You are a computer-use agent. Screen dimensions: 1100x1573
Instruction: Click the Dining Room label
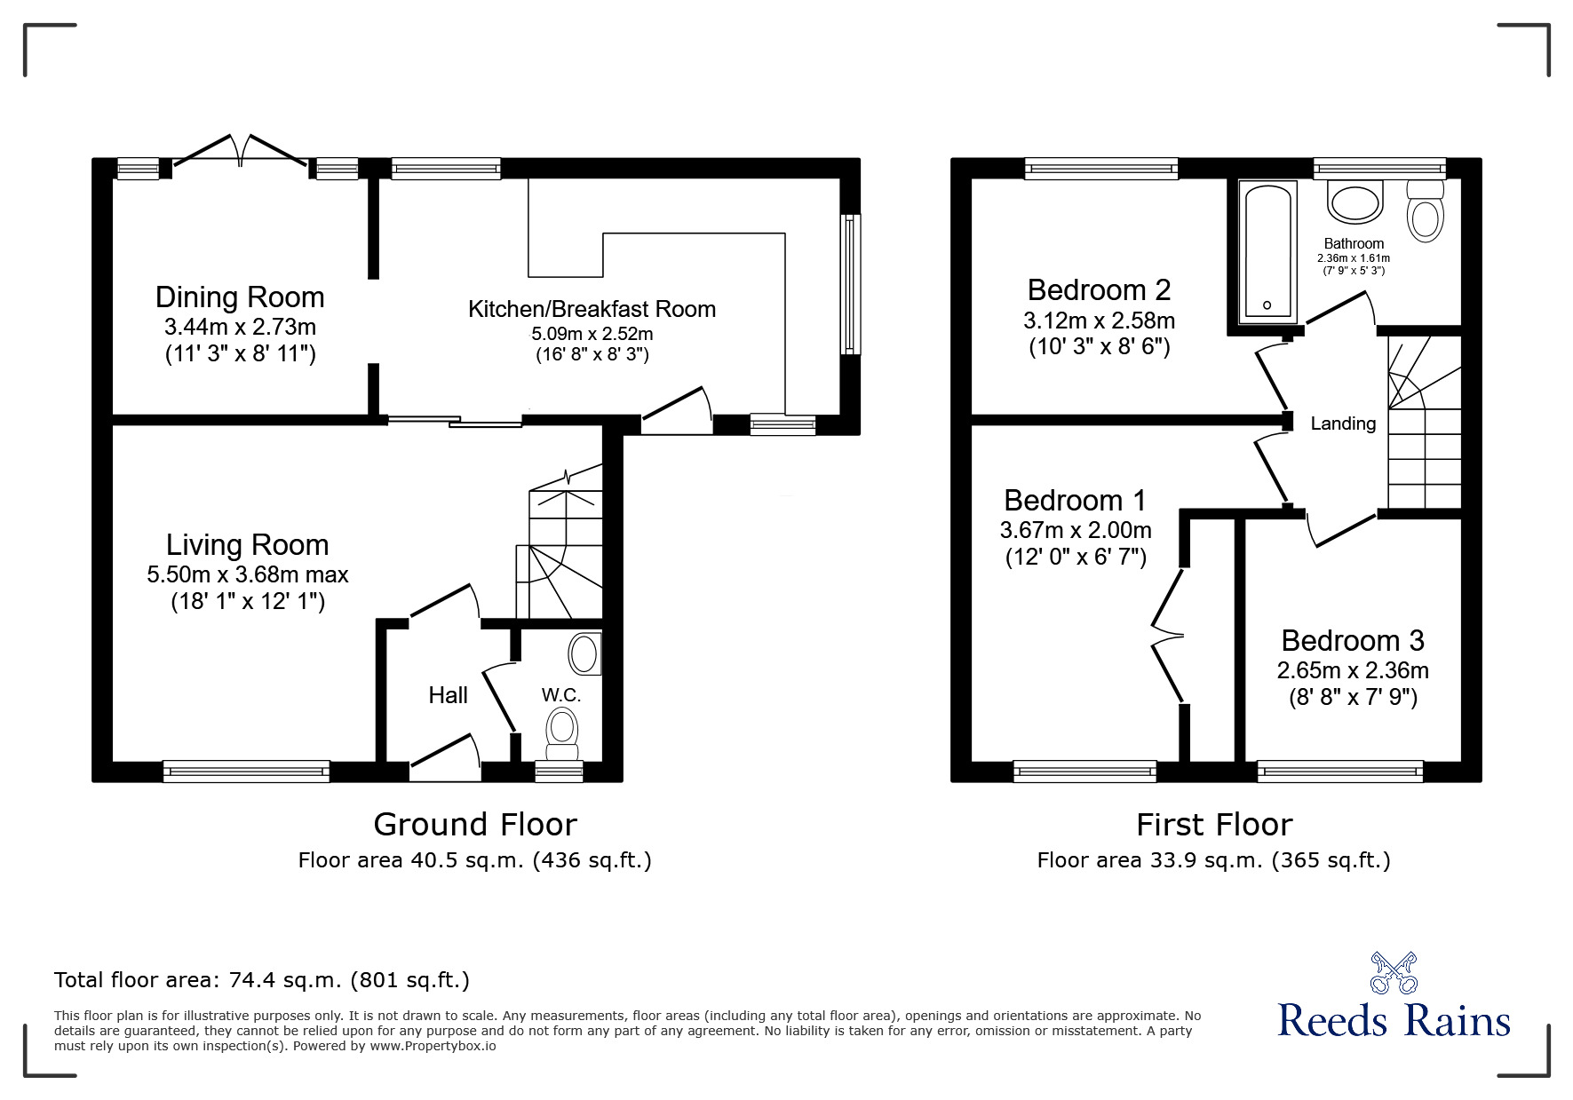tap(240, 297)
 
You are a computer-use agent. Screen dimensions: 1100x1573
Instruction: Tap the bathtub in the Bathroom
tap(1267, 250)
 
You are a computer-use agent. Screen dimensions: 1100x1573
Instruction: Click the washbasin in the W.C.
tap(584, 654)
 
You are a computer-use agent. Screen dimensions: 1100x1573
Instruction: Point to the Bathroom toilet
tap(1426, 211)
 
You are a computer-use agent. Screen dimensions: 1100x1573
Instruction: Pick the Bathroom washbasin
tap(1355, 201)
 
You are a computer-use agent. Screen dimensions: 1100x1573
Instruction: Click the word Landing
tap(1343, 424)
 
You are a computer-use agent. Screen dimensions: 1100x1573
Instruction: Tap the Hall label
tap(448, 695)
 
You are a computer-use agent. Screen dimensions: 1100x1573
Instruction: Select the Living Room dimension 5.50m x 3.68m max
tap(248, 574)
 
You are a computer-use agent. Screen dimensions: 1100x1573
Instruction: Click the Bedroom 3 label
tap(1353, 640)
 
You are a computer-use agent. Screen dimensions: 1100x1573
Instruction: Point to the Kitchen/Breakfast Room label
tap(592, 309)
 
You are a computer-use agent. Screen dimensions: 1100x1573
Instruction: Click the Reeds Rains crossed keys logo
tap(1394, 972)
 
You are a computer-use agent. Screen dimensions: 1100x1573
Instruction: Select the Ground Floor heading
tap(475, 825)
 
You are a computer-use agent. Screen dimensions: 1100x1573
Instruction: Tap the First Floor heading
tap(1214, 825)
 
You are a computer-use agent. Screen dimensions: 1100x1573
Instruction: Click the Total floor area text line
tap(262, 980)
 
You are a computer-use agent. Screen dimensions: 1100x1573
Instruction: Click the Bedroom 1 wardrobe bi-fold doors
tap(1168, 634)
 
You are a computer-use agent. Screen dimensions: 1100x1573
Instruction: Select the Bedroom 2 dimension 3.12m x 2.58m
tap(1099, 320)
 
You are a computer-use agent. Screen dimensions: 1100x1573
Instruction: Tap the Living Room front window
tap(246, 771)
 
